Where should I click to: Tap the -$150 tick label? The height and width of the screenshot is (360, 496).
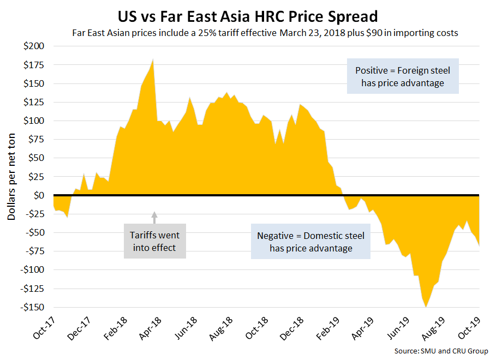click(x=34, y=307)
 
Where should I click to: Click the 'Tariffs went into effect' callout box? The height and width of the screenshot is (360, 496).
click(x=154, y=241)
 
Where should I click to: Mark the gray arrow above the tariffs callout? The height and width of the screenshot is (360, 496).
click(x=154, y=217)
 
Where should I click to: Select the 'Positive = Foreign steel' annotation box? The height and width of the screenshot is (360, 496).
click(x=403, y=76)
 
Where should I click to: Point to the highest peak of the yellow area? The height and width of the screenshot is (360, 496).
click(x=153, y=59)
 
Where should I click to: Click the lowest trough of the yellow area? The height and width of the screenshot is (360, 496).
click(x=426, y=307)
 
